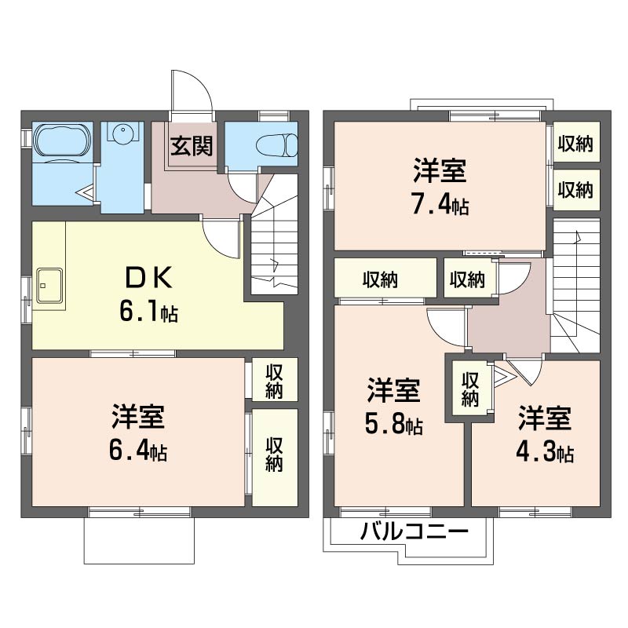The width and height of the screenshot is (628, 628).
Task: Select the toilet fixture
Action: pyautogui.click(x=279, y=144)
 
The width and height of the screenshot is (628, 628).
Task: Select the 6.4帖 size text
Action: pyautogui.click(x=137, y=452)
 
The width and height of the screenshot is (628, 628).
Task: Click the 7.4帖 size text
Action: pyautogui.click(x=440, y=206)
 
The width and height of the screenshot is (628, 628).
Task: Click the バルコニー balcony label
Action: pyautogui.click(x=414, y=533)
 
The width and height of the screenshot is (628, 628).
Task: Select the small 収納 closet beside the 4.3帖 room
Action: pyautogui.click(x=469, y=389)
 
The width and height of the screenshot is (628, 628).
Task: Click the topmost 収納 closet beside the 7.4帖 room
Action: pyautogui.click(x=575, y=143)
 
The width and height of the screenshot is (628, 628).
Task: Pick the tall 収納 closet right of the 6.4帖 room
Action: pyautogui.click(x=273, y=454)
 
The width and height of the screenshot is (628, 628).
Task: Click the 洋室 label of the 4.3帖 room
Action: pyautogui.click(x=543, y=419)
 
